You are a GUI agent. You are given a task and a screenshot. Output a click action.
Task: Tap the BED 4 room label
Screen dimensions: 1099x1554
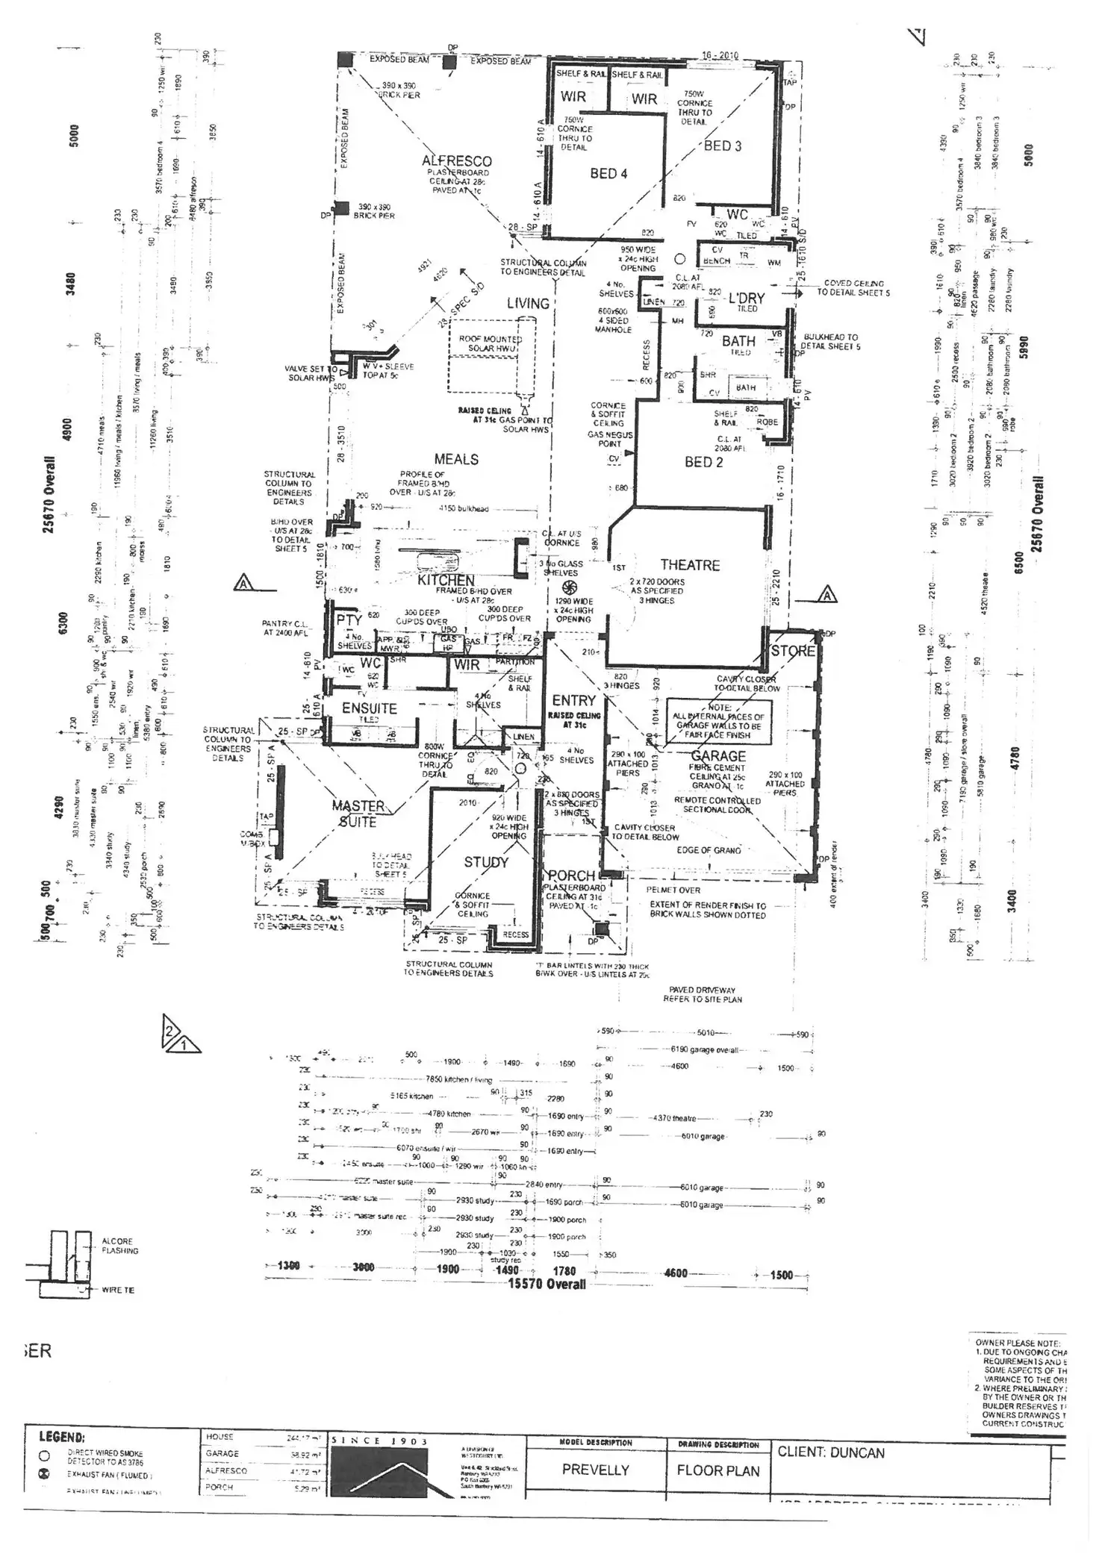coord(608,173)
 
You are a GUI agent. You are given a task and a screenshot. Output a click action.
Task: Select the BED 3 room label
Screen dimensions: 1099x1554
coord(723,146)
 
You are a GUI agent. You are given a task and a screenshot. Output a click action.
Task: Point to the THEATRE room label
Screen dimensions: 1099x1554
coord(690,565)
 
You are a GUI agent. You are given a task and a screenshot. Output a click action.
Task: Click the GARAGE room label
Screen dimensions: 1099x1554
coord(718,756)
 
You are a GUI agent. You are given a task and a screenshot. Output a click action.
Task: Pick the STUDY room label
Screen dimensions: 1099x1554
coord(486,862)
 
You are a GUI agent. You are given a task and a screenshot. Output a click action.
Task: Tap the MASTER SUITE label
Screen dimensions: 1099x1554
coord(358,814)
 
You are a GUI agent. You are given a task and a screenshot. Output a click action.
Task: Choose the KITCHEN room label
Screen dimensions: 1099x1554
coord(446,580)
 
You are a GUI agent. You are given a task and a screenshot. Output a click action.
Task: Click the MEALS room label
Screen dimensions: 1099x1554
coord(456,459)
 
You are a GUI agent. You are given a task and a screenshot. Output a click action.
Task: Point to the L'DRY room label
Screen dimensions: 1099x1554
coord(747,297)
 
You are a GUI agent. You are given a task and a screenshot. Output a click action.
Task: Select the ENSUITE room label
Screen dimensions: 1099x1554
coord(369,708)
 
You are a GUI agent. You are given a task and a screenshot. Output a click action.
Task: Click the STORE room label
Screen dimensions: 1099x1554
coord(793,650)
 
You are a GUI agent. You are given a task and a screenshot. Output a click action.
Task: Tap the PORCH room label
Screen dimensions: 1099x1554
coord(571,875)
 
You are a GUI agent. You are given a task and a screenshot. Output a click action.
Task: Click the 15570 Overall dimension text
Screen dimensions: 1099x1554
coord(547,1284)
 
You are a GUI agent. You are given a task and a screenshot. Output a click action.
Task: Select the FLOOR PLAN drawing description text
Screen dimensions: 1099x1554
coord(717,1470)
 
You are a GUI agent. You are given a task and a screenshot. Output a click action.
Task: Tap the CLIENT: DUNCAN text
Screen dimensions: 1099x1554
coord(830,1452)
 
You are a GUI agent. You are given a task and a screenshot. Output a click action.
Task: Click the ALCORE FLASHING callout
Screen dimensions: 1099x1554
coord(119,1246)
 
